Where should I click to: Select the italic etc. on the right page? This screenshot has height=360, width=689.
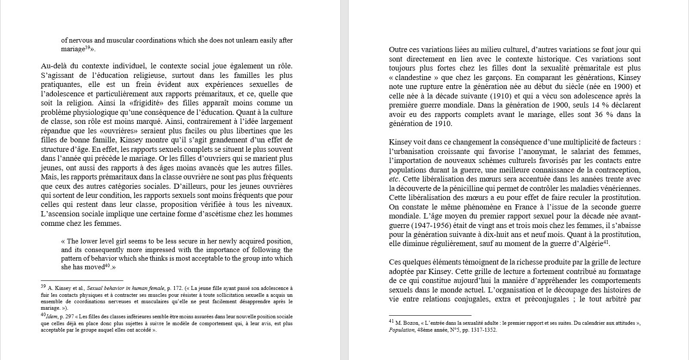pos(394,179)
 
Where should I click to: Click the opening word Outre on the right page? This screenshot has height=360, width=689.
pos(398,49)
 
